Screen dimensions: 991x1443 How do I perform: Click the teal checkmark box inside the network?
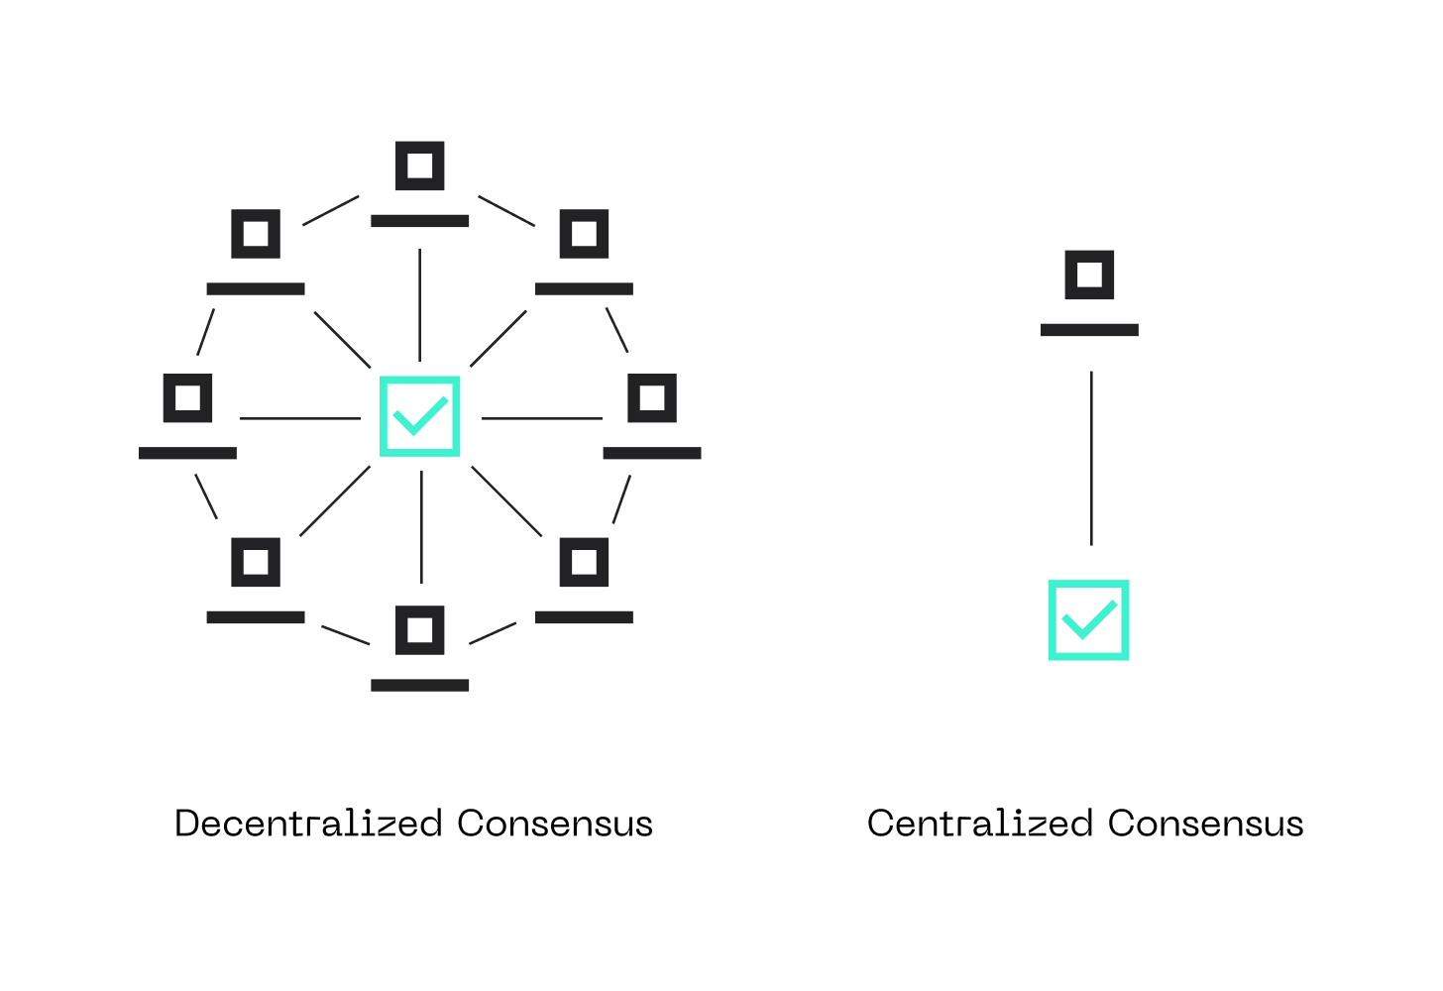point(420,416)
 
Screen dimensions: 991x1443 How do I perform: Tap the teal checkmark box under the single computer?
point(1088,620)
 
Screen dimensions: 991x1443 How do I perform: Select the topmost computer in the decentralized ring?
point(420,184)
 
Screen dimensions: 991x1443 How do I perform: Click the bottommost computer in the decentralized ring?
point(420,649)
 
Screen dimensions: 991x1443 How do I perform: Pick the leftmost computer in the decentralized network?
point(188,416)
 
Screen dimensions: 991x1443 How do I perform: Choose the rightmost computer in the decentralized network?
point(652,416)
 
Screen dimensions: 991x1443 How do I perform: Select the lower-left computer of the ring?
point(256,581)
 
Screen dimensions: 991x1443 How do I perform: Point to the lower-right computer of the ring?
point(584,581)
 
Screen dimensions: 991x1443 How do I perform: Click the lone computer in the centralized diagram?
point(1089,292)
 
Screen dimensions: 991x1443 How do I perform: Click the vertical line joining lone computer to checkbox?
point(1091,458)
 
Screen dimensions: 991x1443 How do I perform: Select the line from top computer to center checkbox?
point(420,305)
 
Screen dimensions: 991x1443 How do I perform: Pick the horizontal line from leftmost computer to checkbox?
point(300,418)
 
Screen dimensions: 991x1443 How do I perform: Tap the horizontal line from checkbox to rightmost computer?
point(541,418)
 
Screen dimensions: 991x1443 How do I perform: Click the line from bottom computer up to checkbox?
point(421,527)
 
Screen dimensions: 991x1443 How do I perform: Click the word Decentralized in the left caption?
point(308,824)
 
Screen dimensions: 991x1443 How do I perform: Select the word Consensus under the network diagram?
point(555,824)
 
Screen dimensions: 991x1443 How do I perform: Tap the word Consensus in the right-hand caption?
point(1205,824)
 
